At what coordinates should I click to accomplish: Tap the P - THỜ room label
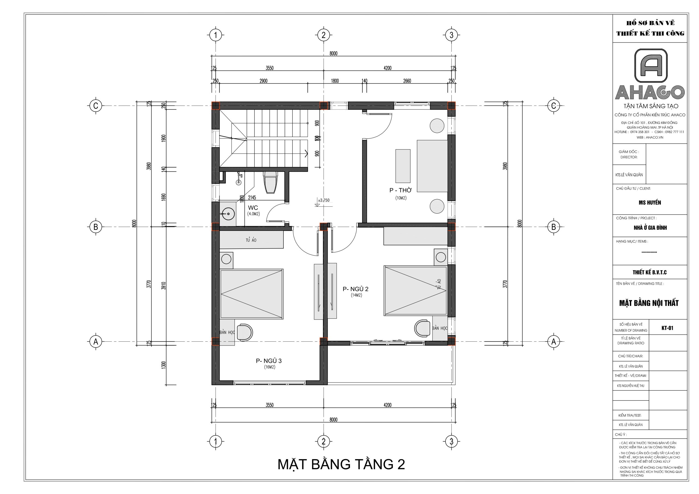pos(400,191)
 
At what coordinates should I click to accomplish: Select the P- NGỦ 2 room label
pos(356,289)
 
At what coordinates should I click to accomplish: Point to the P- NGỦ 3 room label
pos(269,361)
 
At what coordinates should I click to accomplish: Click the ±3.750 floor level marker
pos(323,200)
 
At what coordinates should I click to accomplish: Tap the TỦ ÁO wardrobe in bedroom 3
pos(251,240)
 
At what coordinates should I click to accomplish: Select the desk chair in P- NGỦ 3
pos(244,332)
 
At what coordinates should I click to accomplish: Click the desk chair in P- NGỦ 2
pos(423,328)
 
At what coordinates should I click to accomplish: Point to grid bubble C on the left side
pos(96,106)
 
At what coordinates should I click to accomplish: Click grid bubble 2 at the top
pos(323,35)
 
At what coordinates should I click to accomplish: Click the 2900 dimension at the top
pos(263,81)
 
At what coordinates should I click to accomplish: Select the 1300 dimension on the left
pos(164,365)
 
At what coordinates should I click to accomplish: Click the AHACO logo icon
pos(651,66)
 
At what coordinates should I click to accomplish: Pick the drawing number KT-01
pos(667,328)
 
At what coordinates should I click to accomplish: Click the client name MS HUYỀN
pos(650,203)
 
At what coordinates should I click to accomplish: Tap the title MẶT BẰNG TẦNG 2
pos(341,465)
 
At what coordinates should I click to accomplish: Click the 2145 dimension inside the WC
pos(252,198)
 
